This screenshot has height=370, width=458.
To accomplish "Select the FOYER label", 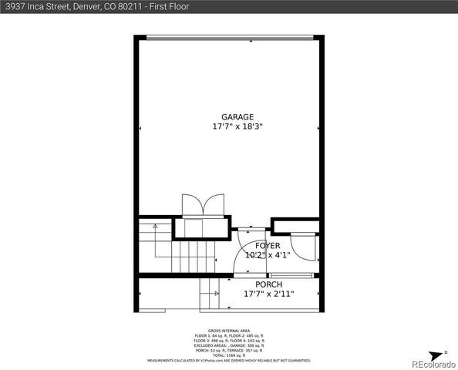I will [256, 245].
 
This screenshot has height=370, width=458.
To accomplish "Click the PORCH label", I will [258, 284].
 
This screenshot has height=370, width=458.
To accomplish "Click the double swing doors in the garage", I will [202, 206].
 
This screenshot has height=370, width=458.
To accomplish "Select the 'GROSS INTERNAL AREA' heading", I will [229, 331].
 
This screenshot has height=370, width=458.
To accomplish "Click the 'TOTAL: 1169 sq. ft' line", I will [229, 354].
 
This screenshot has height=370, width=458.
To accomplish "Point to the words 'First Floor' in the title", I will [169, 7].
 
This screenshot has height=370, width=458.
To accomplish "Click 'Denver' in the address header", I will [89, 7].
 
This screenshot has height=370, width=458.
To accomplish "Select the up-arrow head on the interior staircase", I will [155, 227].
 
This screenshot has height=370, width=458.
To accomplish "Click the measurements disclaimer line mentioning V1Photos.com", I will [229, 359].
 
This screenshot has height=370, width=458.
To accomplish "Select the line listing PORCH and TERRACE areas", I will [229, 349].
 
